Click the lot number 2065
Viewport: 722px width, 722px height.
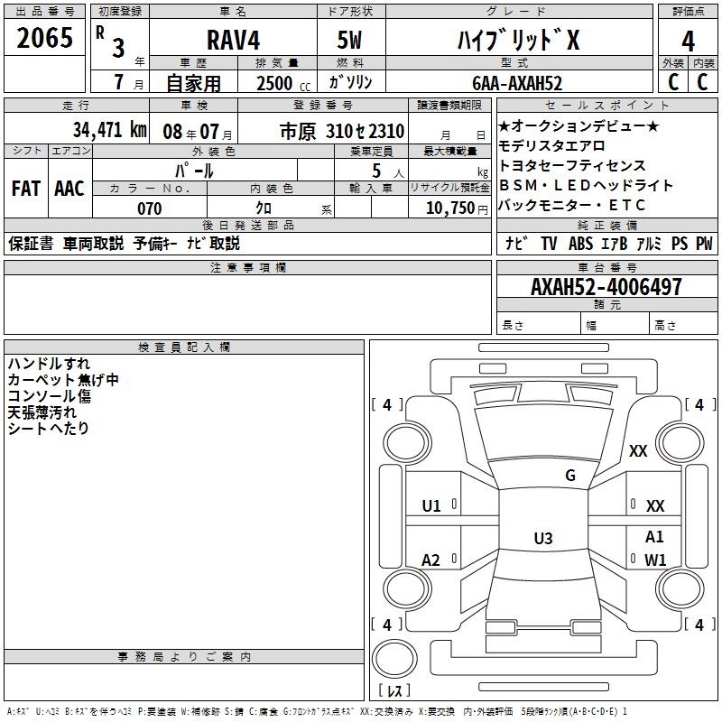pyautogui.click(x=44, y=38)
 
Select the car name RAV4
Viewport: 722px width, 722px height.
pyautogui.click(x=233, y=40)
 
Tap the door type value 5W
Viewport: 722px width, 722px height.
pyautogui.click(x=349, y=40)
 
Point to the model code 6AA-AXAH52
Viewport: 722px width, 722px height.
pyautogui.click(x=517, y=83)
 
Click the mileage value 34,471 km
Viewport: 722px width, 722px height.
pyautogui.click(x=109, y=130)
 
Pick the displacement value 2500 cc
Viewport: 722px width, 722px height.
pyautogui.click(x=283, y=83)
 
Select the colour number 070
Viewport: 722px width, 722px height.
pyautogui.click(x=150, y=208)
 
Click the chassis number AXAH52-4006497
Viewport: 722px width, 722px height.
pyautogui.click(x=606, y=287)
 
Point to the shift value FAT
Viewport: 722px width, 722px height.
pyautogui.click(x=26, y=189)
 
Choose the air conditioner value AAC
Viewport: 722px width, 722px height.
pyautogui.click(x=69, y=189)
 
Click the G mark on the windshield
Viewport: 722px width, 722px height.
pyautogui.click(x=570, y=476)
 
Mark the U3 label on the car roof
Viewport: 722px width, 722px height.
pyautogui.click(x=543, y=538)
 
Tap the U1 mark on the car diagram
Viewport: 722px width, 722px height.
pyautogui.click(x=431, y=506)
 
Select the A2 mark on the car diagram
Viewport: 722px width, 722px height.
pyautogui.click(x=431, y=560)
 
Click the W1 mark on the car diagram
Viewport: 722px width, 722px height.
pyautogui.click(x=655, y=560)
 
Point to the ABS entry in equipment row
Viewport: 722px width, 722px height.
pyautogui.click(x=580, y=244)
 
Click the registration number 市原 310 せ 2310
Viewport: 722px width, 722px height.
pyautogui.click(x=342, y=132)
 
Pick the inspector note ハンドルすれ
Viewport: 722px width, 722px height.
pyautogui.click(x=49, y=364)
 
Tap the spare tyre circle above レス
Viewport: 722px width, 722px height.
pyautogui.click(x=394, y=659)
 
